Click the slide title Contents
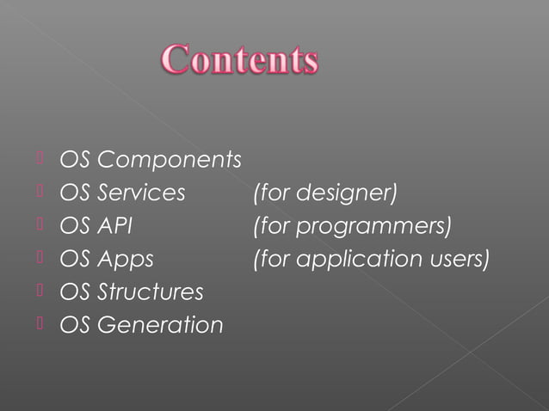click(x=240, y=61)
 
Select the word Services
click(x=141, y=193)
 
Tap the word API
click(x=114, y=226)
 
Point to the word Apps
click(x=126, y=259)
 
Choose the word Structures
click(x=151, y=291)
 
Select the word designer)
click(x=347, y=193)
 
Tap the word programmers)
click(x=373, y=226)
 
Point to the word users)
click(x=459, y=259)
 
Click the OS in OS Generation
click(x=74, y=325)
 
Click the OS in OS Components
click(x=74, y=161)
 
